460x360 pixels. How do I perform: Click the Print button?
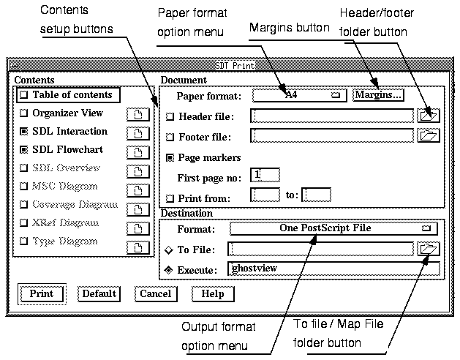click(x=41, y=294)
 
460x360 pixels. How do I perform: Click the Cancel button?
click(x=155, y=294)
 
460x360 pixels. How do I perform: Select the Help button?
click(x=212, y=294)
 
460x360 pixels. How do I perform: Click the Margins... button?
click(x=378, y=95)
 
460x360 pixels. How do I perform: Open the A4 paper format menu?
click(x=300, y=95)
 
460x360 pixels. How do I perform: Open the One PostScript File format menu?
click(x=333, y=228)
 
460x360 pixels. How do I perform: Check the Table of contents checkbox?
click(x=25, y=95)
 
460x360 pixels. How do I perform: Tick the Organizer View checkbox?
click(x=25, y=113)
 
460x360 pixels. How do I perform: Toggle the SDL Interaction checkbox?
click(x=25, y=132)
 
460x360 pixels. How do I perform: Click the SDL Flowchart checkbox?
click(x=25, y=150)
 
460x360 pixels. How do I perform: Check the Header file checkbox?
click(x=170, y=116)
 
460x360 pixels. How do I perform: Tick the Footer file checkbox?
click(x=170, y=137)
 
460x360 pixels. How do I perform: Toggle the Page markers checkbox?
click(x=170, y=157)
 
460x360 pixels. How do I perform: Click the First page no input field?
click(x=265, y=175)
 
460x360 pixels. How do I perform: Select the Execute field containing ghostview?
click(x=333, y=269)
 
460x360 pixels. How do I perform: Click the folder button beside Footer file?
click(x=428, y=135)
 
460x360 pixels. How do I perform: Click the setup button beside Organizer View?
click(x=137, y=114)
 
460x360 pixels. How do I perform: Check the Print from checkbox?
click(x=170, y=198)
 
